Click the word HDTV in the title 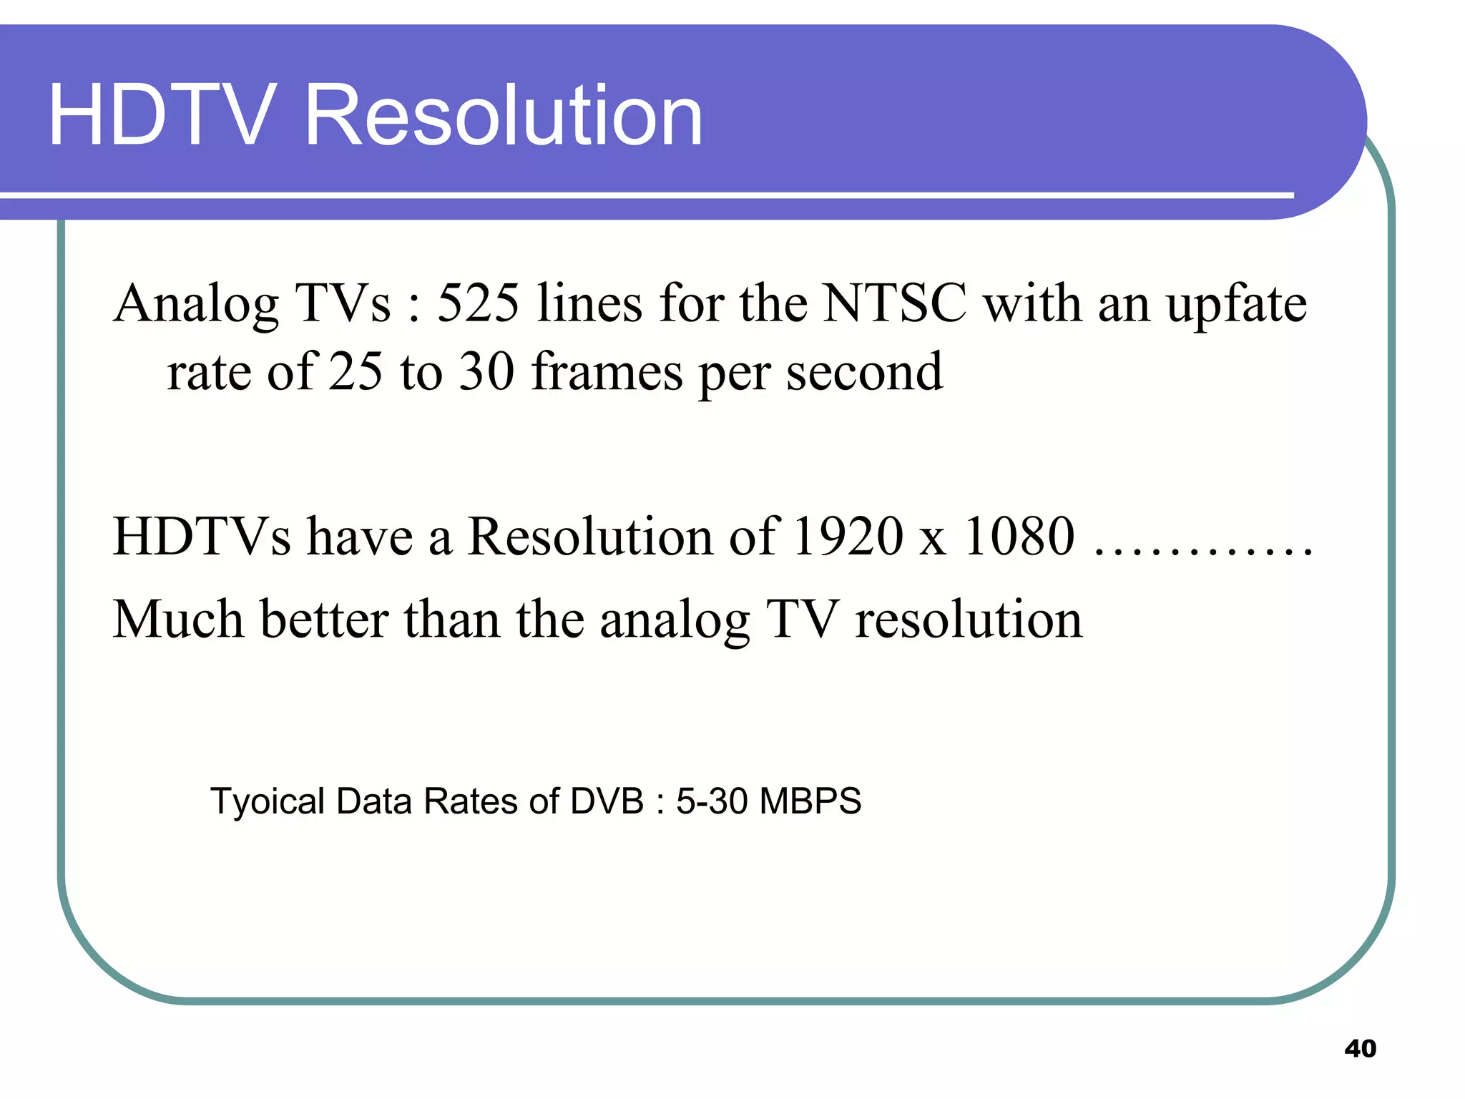[162, 115]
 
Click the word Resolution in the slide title [504, 115]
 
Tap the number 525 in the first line [478, 303]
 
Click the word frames [607, 372]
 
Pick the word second [864, 372]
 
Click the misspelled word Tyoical [268, 801]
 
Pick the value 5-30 [711, 801]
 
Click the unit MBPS [810, 801]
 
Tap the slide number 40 [1360, 1048]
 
